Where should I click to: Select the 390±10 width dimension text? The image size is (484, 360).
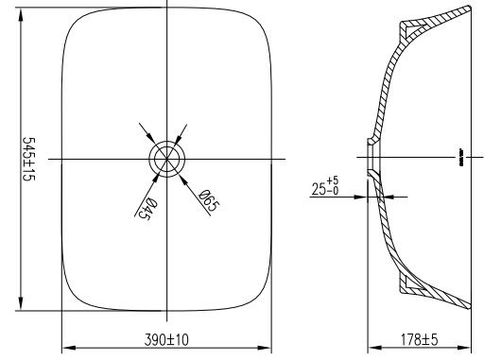click(166, 339)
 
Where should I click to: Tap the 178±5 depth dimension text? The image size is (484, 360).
click(416, 339)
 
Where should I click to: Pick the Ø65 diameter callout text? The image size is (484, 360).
click(206, 200)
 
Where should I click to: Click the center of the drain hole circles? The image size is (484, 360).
click(166, 158)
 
